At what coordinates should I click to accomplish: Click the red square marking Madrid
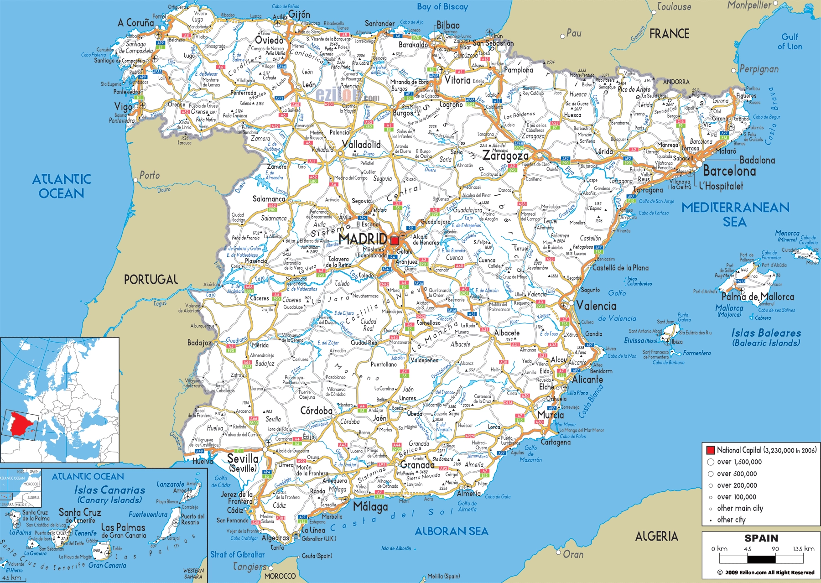(x=395, y=240)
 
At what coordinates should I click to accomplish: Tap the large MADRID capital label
(x=363, y=239)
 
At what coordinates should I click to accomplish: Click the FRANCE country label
(x=669, y=34)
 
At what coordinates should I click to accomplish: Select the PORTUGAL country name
(x=151, y=280)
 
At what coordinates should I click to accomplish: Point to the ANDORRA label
(x=676, y=82)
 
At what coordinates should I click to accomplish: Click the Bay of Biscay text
(x=442, y=7)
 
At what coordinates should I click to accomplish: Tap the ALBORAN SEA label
(x=451, y=531)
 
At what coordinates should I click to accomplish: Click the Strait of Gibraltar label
(x=237, y=555)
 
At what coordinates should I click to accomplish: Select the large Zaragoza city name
(x=505, y=156)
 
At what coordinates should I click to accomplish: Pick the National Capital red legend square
(x=710, y=450)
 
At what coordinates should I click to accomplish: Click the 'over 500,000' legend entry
(x=737, y=474)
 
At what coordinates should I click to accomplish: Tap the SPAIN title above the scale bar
(x=761, y=538)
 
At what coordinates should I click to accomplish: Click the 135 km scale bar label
(x=803, y=549)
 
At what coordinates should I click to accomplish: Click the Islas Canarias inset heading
(x=109, y=490)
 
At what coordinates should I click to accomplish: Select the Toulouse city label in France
(x=674, y=7)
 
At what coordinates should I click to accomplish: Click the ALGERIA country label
(x=656, y=536)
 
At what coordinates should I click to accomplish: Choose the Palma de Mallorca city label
(x=757, y=297)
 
